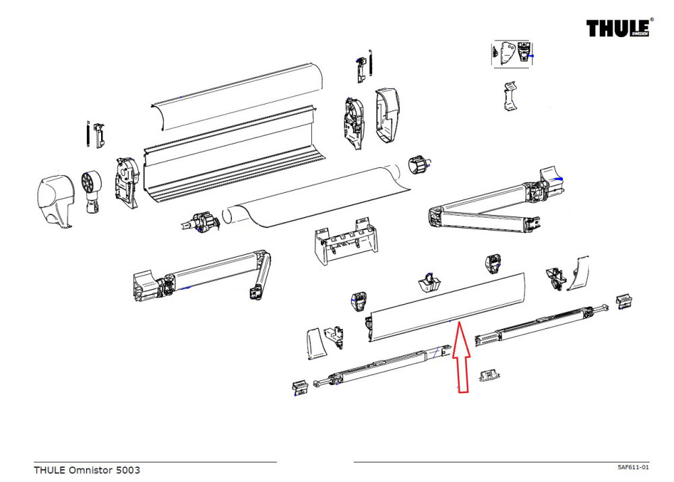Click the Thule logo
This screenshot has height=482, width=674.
[x=616, y=28]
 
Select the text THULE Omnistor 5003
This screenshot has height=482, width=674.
[x=87, y=470]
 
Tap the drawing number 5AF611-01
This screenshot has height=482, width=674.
[x=633, y=467]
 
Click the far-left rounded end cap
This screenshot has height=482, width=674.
[x=55, y=200]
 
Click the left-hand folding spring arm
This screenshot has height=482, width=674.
[x=202, y=276]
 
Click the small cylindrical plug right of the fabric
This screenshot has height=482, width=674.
[x=419, y=163]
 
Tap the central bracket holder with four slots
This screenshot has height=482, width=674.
[x=344, y=243]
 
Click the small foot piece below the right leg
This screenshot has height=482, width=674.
[x=488, y=374]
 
